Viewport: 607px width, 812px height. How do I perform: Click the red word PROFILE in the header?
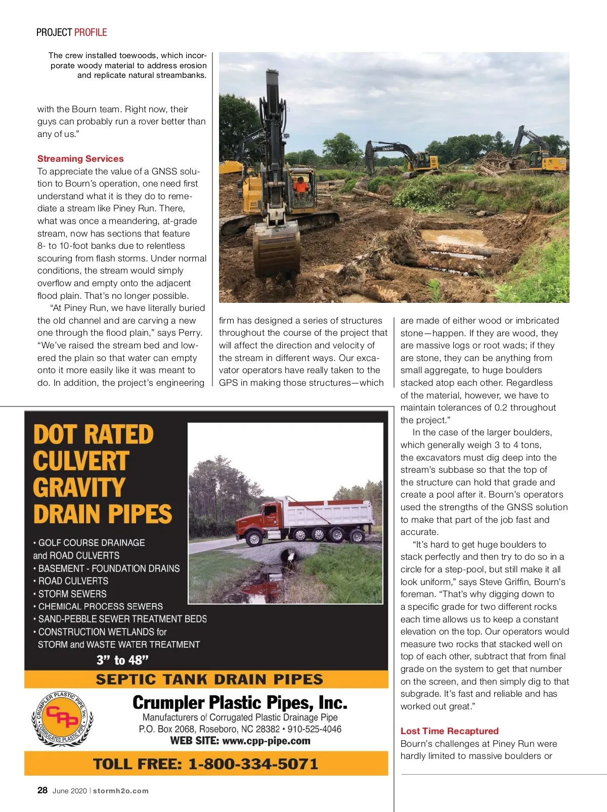pyautogui.click(x=91, y=32)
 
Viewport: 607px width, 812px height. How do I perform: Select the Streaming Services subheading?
pyautogui.click(x=80, y=159)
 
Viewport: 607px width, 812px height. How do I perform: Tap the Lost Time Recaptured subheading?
pyautogui.click(x=449, y=731)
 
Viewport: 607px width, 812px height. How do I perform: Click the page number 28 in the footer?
pyautogui.click(x=42, y=790)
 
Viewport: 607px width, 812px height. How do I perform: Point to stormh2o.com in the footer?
pyautogui.click(x=121, y=791)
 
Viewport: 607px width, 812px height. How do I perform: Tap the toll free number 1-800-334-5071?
pyautogui.click(x=253, y=763)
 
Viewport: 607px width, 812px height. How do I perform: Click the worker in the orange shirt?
pyautogui.click(x=301, y=187)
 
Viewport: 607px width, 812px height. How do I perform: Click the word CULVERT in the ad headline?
pyautogui.click(x=81, y=461)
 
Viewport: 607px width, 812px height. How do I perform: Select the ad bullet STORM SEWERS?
pyautogui.click(x=72, y=594)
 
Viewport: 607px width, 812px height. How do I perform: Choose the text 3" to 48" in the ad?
pyautogui.click(x=123, y=660)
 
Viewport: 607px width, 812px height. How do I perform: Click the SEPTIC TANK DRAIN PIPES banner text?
pyautogui.click(x=209, y=680)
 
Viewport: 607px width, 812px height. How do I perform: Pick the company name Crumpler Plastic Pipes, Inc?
pyautogui.click(x=240, y=703)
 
